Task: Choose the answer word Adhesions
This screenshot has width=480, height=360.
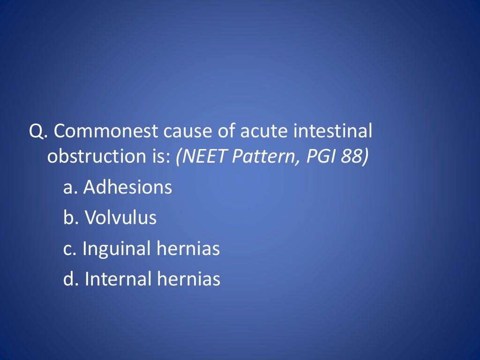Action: pyautogui.click(x=127, y=187)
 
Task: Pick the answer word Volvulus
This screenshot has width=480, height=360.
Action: pyautogui.click(x=120, y=218)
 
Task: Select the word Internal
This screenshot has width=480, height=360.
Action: pyautogui.click(x=118, y=279)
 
